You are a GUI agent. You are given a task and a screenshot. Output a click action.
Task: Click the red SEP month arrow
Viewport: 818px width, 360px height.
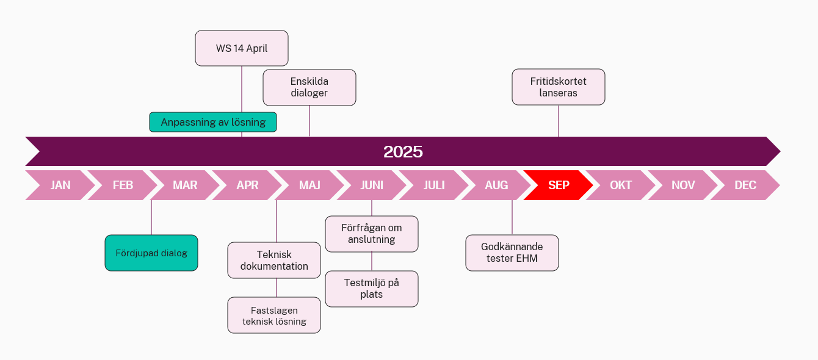click(559, 185)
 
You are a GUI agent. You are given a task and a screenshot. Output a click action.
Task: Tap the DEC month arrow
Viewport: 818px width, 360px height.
click(745, 185)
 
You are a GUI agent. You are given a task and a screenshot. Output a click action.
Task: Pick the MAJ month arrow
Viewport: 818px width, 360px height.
click(309, 185)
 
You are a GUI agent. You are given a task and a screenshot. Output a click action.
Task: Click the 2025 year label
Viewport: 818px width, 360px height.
click(403, 151)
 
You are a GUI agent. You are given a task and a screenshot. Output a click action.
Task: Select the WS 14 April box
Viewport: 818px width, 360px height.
click(241, 48)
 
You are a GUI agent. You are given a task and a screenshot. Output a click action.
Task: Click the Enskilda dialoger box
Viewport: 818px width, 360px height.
click(309, 87)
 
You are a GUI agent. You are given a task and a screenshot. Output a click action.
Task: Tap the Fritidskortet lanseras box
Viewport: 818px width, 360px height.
click(559, 87)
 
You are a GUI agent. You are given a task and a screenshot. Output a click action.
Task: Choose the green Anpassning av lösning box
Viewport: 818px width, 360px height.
click(213, 122)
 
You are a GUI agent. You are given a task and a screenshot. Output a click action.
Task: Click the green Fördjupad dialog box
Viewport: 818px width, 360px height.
click(151, 253)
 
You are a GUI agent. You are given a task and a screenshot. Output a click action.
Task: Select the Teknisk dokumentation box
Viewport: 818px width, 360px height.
click(274, 260)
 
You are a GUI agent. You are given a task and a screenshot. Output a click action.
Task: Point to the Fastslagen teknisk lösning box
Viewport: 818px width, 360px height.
click(274, 315)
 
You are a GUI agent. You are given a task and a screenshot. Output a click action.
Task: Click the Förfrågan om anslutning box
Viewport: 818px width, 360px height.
click(371, 234)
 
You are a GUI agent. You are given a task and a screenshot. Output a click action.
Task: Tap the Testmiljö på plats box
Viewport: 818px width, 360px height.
click(371, 289)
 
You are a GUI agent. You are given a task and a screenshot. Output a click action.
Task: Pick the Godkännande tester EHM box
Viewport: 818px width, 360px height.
click(512, 253)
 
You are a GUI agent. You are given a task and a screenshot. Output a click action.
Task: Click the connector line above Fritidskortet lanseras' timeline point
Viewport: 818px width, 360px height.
click(559, 121)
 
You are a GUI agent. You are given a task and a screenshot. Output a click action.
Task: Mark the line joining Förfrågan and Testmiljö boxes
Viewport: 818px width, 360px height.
click(372, 261)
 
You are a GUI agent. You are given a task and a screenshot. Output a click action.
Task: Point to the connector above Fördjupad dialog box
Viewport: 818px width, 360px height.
click(151, 217)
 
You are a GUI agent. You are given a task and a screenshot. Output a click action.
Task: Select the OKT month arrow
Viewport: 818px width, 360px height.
click(621, 185)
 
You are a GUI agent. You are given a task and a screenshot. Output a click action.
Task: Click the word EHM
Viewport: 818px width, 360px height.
click(527, 259)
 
